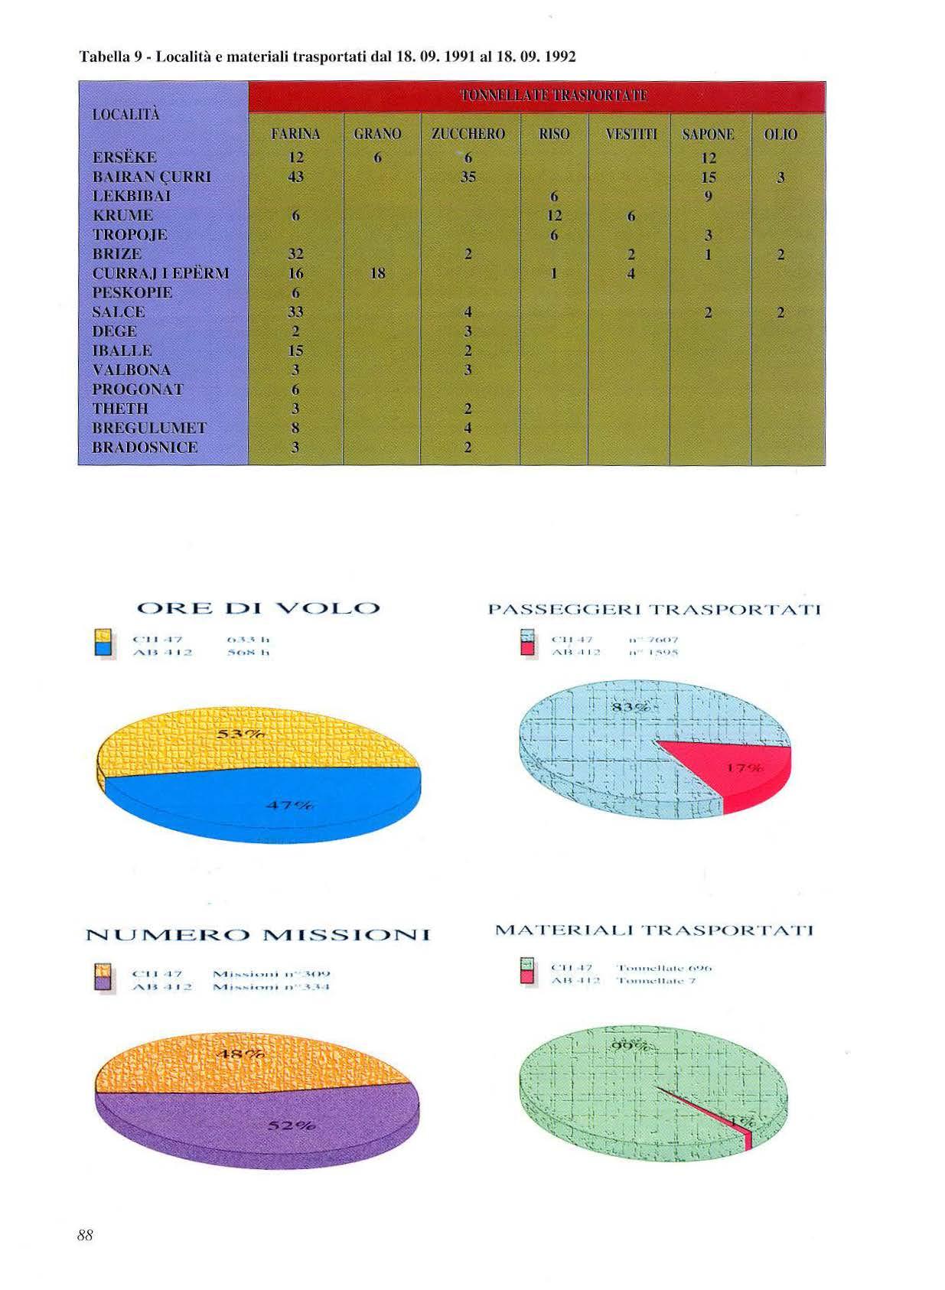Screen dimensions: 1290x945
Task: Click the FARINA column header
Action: (295, 134)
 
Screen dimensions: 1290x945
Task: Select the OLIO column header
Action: (780, 135)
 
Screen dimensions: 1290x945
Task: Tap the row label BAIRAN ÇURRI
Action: (152, 177)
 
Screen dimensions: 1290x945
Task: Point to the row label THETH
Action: (120, 409)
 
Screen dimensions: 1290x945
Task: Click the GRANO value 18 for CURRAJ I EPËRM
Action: (377, 273)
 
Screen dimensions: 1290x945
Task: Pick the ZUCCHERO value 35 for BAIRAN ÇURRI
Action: (468, 177)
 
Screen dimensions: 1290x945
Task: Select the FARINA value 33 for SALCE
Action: (295, 312)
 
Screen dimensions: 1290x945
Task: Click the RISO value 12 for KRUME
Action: (554, 216)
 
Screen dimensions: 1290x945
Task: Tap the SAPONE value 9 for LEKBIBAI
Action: (709, 196)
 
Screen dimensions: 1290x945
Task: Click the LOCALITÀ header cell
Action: (125, 115)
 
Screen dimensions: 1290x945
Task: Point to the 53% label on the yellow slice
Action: (240, 735)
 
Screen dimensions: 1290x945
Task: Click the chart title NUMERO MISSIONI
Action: (258, 935)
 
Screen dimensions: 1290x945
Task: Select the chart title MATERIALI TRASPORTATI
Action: (653, 930)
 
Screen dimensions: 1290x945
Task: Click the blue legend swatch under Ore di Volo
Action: (104, 649)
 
